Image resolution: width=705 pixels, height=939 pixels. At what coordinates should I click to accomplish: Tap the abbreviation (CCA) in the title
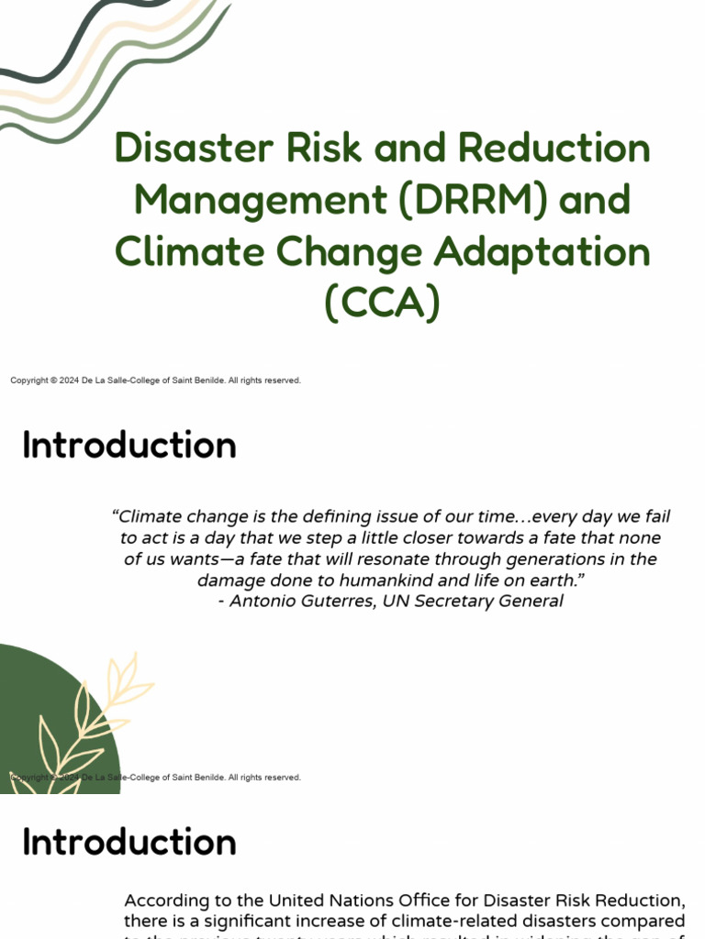click(x=382, y=304)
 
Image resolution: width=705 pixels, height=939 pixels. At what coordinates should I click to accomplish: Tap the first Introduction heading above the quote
click(x=129, y=446)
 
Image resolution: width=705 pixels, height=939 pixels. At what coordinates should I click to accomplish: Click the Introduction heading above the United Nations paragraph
click(x=129, y=842)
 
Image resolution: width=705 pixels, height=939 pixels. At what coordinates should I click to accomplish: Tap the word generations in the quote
click(x=548, y=559)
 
